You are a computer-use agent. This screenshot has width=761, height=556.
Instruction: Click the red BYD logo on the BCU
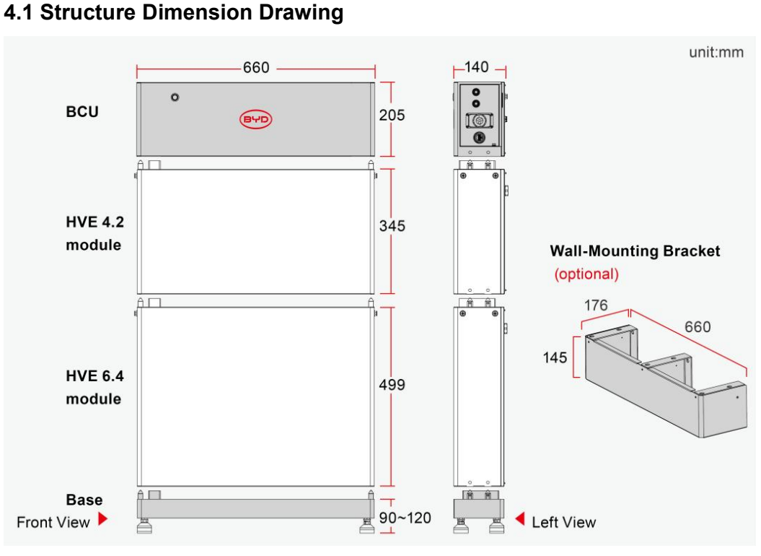pos(256,119)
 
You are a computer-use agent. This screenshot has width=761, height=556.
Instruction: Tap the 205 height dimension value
pos(392,116)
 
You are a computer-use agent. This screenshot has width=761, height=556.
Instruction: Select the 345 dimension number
pos(392,225)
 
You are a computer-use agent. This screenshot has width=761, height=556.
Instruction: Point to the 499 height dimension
pos(392,384)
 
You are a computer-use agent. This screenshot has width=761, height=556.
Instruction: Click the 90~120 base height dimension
pos(405,518)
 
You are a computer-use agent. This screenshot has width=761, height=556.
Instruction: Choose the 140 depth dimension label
pos(476,67)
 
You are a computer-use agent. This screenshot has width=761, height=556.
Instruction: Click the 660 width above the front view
pos(256,67)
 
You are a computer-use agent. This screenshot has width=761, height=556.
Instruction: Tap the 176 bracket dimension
pos(596,305)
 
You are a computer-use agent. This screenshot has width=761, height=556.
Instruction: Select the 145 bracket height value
pos(555,357)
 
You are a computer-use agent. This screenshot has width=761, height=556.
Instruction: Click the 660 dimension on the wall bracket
pos(698,326)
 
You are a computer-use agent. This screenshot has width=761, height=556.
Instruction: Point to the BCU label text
pos(82,112)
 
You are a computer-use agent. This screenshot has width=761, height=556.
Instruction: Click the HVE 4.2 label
pos(94,222)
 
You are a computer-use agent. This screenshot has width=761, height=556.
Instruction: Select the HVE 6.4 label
pos(94,375)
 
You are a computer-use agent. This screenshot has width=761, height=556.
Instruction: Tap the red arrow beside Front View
pos(102,518)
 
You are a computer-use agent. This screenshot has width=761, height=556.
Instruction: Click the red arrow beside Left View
pos(520,518)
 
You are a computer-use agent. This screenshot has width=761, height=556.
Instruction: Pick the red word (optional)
pos(586,274)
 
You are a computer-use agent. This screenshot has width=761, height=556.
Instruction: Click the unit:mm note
pos(716,52)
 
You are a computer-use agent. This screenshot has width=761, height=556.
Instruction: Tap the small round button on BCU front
pos(175,97)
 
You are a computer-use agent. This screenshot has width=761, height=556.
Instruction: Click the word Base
pos(84,500)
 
